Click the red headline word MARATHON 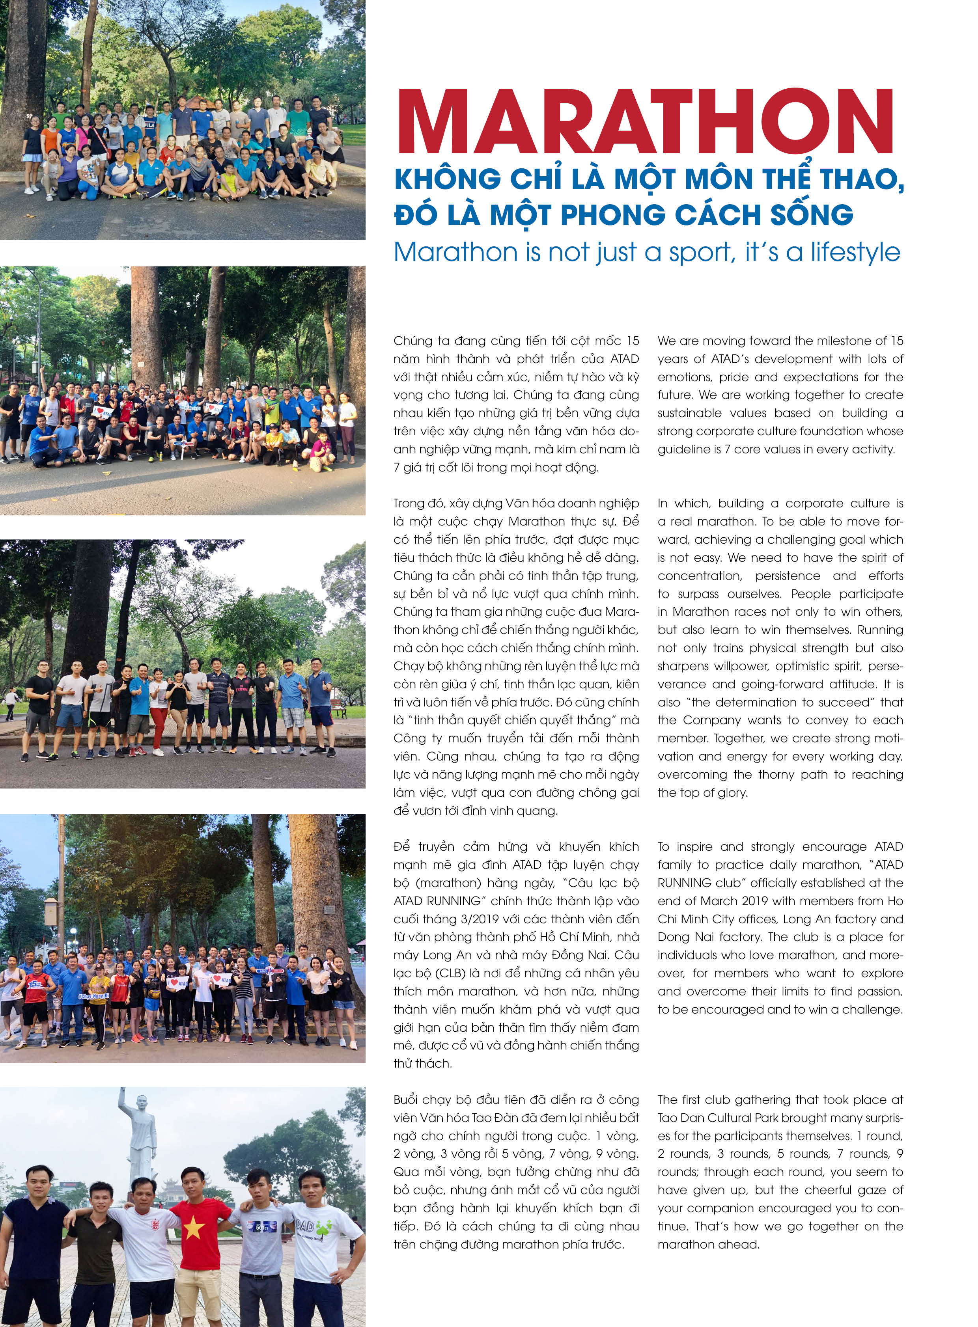point(645,121)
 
